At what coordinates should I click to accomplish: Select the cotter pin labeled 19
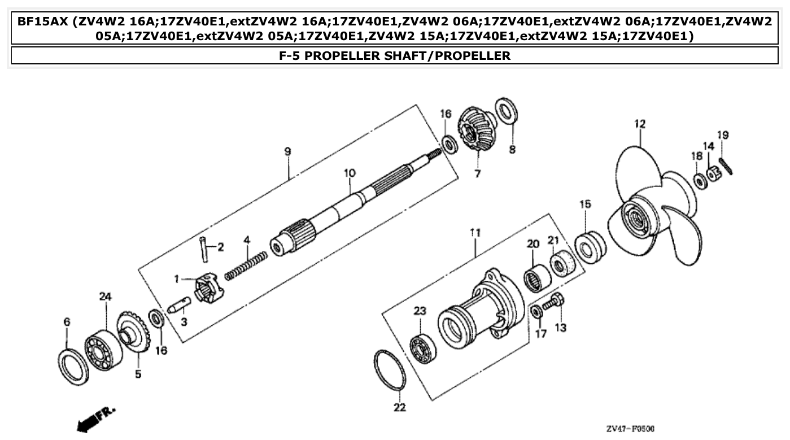coord(726,165)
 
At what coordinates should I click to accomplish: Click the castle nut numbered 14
coord(713,173)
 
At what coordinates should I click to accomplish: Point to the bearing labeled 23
coord(422,348)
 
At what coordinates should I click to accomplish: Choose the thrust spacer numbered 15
coord(590,246)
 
